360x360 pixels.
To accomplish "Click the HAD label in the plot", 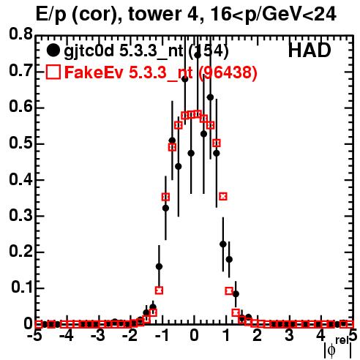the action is [x=310, y=50].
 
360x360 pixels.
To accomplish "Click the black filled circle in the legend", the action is [x=53, y=50].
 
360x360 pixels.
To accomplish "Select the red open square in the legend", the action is [x=53, y=72].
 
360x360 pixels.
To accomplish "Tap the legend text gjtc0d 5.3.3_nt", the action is [x=124, y=52].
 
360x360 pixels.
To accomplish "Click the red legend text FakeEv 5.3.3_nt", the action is [x=129, y=72].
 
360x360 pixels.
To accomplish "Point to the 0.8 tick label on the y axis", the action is [x=20, y=34].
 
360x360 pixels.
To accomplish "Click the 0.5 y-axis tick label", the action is [x=20, y=143].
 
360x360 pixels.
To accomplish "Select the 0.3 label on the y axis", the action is [x=20, y=216].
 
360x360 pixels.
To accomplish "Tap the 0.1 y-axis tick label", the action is [x=21, y=288].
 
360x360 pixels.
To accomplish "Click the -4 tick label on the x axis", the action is [x=67, y=335].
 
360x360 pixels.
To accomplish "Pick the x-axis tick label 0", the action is [x=194, y=335].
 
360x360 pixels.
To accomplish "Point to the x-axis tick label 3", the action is [x=289, y=335].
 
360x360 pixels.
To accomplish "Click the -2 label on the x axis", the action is [x=130, y=335].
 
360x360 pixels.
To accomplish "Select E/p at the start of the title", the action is [x=50, y=15].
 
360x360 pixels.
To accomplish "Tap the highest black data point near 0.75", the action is [x=198, y=56].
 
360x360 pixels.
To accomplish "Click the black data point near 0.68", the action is [x=185, y=79].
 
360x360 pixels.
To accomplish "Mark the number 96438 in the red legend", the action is [x=228, y=72].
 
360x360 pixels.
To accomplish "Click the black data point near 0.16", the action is [x=159, y=266].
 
